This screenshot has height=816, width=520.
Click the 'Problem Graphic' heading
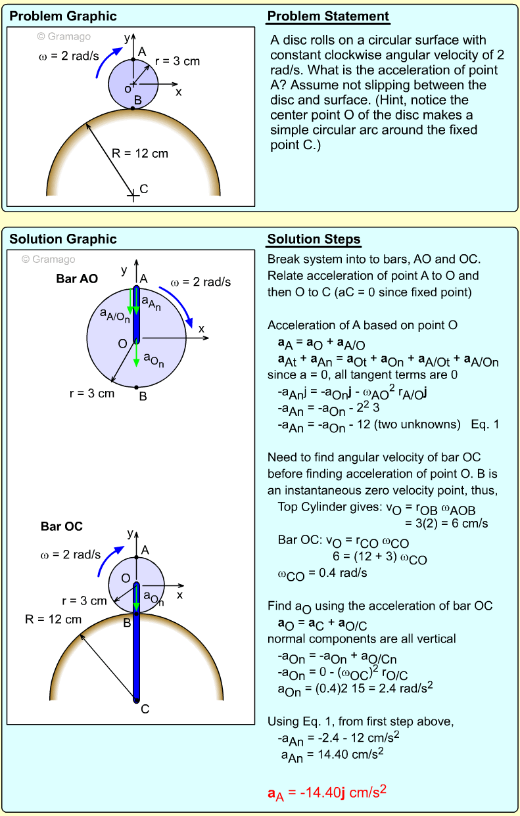pos(62,16)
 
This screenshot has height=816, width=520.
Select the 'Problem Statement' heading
pos(328,16)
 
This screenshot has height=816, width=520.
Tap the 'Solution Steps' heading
pos(314,238)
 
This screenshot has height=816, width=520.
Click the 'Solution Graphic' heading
pos(62,239)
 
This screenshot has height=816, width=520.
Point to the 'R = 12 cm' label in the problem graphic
pos(140,154)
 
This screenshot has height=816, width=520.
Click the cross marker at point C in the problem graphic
pos(133,194)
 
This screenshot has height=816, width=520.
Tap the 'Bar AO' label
pos(77,279)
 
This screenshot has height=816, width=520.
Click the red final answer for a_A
pos(327,794)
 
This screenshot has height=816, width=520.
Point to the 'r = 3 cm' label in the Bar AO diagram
pos(91,394)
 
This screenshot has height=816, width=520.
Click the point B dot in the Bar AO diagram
pos(136,387)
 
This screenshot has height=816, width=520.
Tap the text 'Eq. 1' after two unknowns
pos(485,424)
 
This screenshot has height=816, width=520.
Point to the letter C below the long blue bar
pos(145,709)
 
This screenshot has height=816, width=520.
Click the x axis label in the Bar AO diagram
pos(202,328)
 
